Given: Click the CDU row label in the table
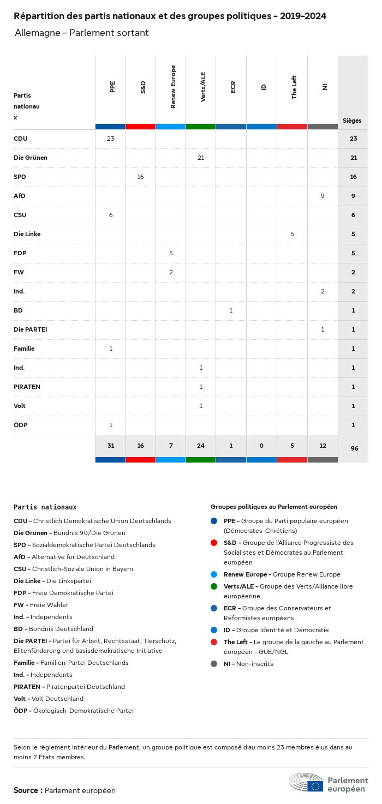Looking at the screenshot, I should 21,139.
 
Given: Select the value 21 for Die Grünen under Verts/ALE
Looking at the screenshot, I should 201,158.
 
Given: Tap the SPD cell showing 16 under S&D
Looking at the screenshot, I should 141,177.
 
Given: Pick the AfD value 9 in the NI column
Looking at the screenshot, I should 323,196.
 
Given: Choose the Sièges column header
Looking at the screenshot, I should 352,121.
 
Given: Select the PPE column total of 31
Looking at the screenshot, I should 111,446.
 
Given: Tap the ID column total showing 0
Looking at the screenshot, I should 261,446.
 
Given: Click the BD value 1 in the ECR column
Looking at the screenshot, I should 231,310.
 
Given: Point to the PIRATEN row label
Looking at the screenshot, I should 27,387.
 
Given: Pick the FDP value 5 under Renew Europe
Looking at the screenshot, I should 171,253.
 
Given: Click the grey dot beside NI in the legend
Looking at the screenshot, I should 214,664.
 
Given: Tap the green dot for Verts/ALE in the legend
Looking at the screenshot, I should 214,586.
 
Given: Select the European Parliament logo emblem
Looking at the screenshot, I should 306,782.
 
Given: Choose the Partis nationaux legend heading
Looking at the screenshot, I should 45,507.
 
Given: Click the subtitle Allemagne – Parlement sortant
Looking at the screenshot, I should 82,33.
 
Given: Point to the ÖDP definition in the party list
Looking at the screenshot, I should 74,711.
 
